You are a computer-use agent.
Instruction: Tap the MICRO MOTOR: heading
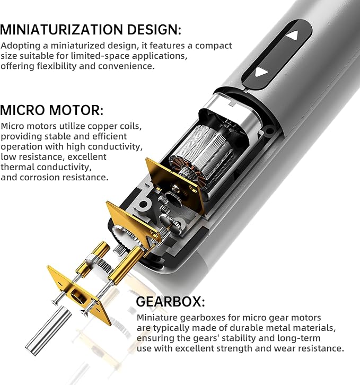[52, 111]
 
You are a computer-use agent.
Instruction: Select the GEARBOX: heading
[170, 302]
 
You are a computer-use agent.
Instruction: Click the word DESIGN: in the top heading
[158, 29]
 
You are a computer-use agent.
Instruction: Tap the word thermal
[15, 167]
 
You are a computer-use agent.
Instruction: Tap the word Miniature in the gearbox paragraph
[155, 318]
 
